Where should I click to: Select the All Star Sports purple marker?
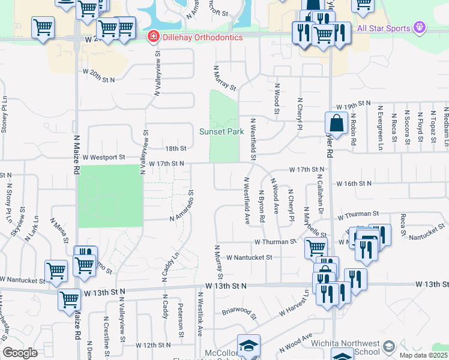click(419, 28)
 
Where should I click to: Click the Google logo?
click(20, 353)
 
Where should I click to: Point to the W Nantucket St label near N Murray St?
click(249, 257)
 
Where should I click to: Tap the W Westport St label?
click(104, 157)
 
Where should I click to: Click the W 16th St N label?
click(354, 184)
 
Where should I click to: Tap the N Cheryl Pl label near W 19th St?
click(298, 113)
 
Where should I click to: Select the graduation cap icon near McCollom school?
click(249, 345)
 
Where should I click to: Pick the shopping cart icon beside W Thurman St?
click(316, 247)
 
